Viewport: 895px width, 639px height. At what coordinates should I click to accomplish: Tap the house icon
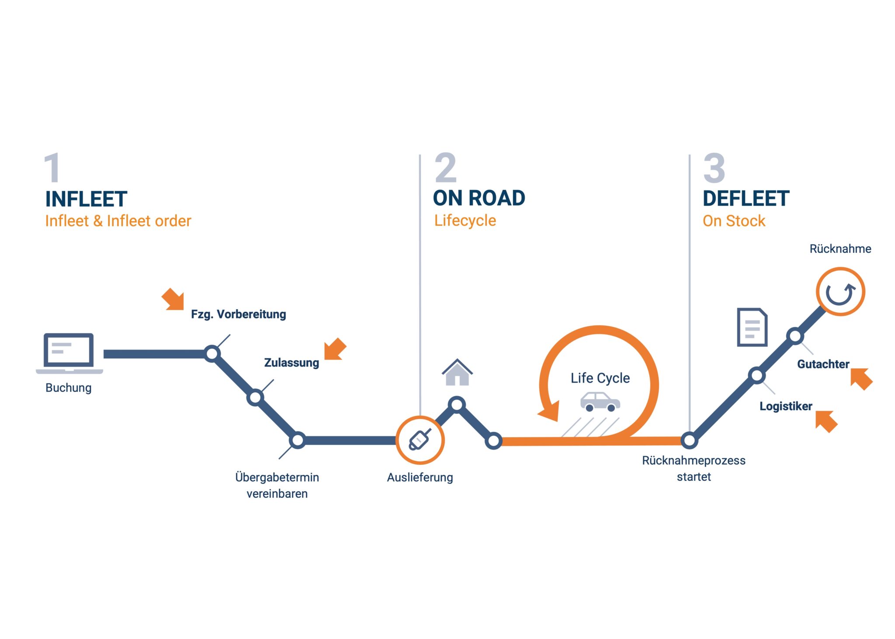(457, 373)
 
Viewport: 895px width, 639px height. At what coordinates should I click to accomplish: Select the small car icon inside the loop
(600, 402)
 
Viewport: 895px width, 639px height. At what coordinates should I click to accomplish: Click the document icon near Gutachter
(752, 327)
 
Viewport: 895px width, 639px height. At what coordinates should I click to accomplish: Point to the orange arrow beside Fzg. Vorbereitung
(173, 299)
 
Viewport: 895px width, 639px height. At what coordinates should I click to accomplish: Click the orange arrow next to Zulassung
(335, 349)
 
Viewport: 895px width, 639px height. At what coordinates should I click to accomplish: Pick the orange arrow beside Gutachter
(861, 379)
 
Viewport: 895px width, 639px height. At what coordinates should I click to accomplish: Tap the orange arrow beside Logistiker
(826, 421)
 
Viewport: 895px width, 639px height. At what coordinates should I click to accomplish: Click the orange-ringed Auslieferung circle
(420, 440)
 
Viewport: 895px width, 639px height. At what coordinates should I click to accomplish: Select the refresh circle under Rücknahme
(840, 292)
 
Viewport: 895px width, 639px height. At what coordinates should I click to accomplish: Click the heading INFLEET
(86, 199)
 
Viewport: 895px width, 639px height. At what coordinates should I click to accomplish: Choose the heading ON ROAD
(479, 198)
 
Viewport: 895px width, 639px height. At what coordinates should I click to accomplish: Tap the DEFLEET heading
(746, 199)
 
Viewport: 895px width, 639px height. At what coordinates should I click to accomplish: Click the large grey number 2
(445, 168)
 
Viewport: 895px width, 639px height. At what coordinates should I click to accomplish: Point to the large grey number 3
(714, 168)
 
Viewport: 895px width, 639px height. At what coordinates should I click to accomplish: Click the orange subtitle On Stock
(734, 221)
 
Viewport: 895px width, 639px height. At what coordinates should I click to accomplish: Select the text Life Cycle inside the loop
(600, 378)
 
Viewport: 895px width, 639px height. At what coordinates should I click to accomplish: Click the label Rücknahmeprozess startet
(694, 468)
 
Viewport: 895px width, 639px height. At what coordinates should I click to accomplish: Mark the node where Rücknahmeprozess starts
(689, 440)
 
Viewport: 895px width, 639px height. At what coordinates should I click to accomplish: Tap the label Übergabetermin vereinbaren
(277, 485)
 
